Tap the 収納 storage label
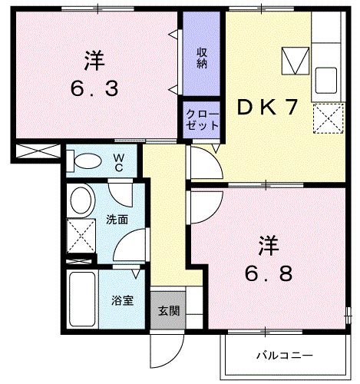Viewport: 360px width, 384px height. [202, 58]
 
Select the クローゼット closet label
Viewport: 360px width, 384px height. [202, 119]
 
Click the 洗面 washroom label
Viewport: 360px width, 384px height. [117, 219]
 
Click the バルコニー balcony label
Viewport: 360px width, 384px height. [284, 356]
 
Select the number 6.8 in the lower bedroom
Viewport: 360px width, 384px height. [269, 273]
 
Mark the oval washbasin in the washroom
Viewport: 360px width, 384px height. [80, 200]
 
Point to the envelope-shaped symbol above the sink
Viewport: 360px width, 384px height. [293, 59]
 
